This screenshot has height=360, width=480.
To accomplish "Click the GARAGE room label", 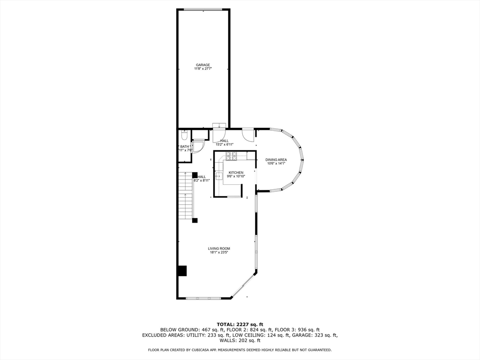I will (x=203, y=65).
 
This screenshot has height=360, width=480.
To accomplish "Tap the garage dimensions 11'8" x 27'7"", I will (x=203, y=69).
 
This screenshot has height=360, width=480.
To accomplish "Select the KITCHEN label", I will (x=236, y=173).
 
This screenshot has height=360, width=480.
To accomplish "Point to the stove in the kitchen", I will (x=231, y=156).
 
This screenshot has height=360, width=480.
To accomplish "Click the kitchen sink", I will (x=219, y=177).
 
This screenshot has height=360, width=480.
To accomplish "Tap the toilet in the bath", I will (x=184, y=135).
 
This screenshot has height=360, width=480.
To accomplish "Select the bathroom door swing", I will (x=197, y=147).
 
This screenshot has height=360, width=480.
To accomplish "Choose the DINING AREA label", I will (x=277, y=160).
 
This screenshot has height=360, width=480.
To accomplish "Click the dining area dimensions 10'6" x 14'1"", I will (x=277, y=164).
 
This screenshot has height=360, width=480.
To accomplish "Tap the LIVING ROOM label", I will (x=219, y=248).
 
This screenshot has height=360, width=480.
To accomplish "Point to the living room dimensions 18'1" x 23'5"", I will (x=219, y=253).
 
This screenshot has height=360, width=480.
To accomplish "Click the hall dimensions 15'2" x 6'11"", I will (x=225, y=144).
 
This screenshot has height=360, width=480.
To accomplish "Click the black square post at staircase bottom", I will (x=195, y=220).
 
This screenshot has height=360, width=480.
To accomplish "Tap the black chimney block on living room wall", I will (x=182, y=271).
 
